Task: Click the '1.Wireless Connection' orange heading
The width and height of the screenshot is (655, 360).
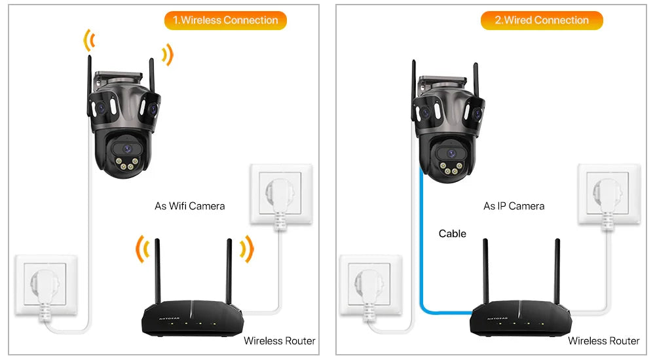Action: [x=225, y=20]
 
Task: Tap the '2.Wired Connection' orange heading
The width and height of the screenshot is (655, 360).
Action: [x=542, y=20]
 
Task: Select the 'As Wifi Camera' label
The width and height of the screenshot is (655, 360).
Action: [x=189, y=206]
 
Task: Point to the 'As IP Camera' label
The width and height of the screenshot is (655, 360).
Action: [x=514, y=206]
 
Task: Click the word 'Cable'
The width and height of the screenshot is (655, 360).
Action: [x=453, y=234]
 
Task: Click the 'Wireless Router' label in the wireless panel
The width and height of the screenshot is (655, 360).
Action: [x=280, y=340]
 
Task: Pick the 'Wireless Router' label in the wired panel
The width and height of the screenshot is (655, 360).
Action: [x=603, y=340]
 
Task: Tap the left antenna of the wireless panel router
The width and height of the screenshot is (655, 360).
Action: [x=157, y=272]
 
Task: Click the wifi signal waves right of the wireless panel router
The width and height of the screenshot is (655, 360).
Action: [x=246, y=248]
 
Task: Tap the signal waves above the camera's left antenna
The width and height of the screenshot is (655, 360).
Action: [x=88, y=41]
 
